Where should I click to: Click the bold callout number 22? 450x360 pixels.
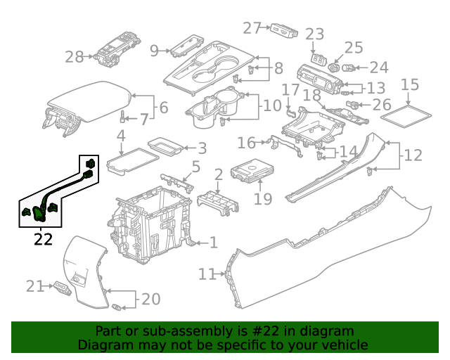tap(43, 239)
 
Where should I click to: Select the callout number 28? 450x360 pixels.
tap(74, 57)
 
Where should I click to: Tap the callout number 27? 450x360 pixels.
tap(252, 27)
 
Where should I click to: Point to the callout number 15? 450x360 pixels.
tap(410, 85)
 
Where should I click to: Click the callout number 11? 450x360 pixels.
tap(207, 274)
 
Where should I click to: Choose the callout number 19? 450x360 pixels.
tap(262, 199)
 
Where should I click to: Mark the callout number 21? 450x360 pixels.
tap(35, 285)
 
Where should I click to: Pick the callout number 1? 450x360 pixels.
tap(213, 243)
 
